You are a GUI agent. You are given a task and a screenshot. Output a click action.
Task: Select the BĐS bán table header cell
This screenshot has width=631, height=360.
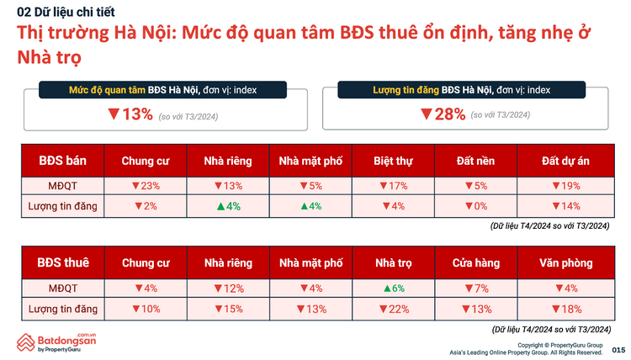63,160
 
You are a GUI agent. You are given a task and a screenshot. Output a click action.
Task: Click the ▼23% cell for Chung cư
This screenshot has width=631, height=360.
145,186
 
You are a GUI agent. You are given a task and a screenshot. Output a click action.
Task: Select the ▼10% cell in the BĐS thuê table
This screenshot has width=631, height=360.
145,309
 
